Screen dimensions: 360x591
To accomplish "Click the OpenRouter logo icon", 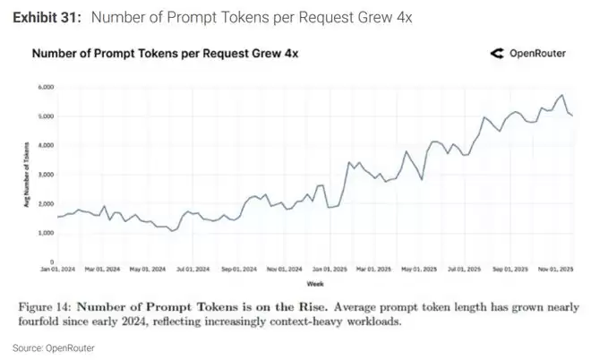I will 497,54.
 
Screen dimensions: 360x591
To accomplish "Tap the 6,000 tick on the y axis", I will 45,87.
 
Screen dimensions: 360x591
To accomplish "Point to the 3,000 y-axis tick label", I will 45,174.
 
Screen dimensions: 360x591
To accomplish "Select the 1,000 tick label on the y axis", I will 45,232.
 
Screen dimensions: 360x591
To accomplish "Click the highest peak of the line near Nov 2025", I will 561,95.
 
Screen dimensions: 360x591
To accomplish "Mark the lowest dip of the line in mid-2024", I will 174,230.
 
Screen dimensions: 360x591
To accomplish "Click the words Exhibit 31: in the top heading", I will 45,17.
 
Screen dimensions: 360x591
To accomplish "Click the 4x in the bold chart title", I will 289,54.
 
